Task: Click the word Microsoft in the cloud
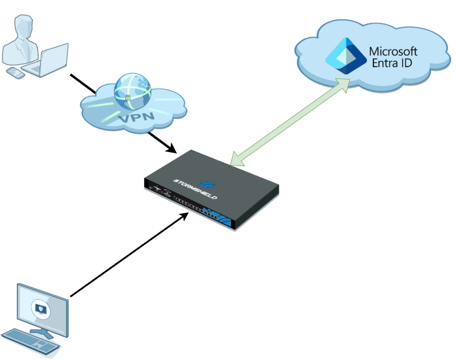393,51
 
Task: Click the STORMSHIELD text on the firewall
195,188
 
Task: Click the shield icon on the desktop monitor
40,308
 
